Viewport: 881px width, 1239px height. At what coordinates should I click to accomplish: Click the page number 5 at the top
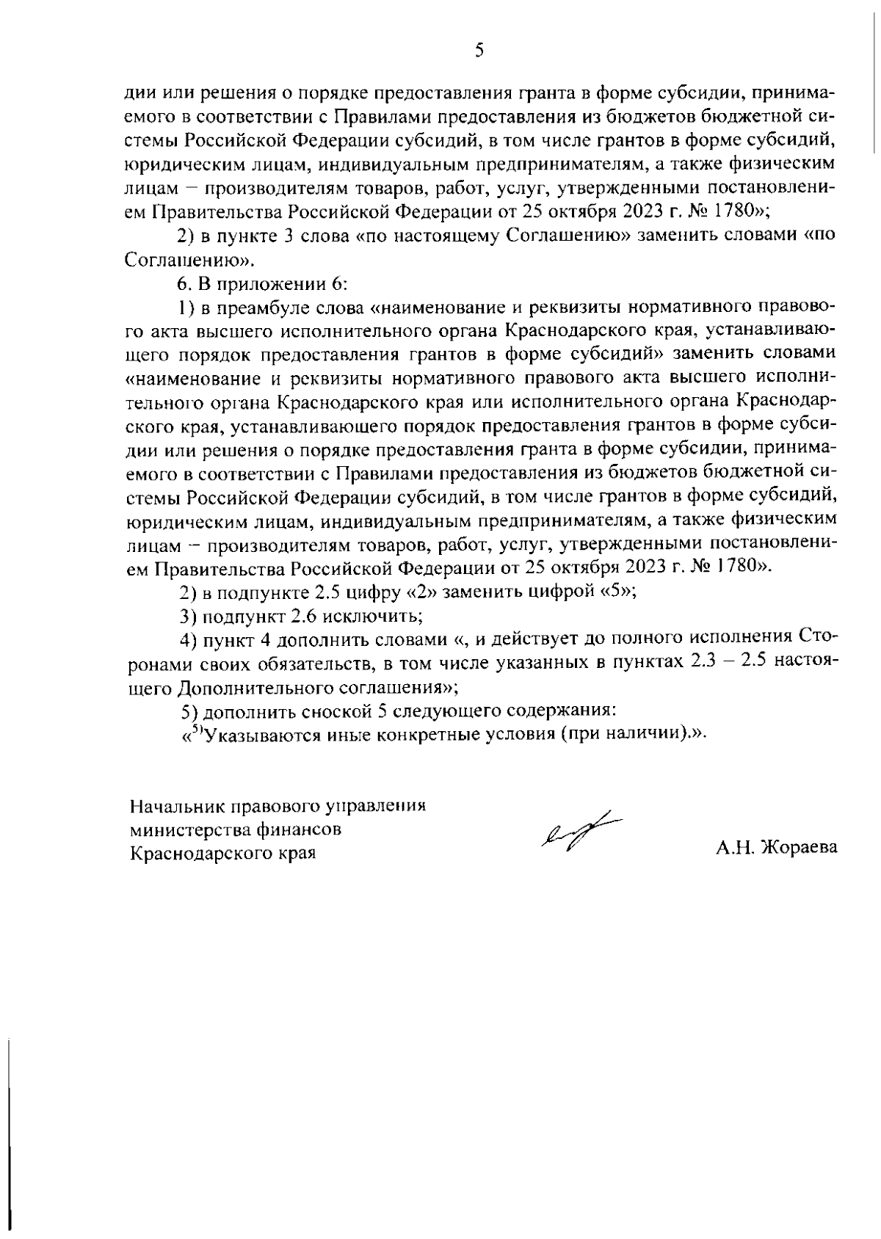click(x=478, y=51)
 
